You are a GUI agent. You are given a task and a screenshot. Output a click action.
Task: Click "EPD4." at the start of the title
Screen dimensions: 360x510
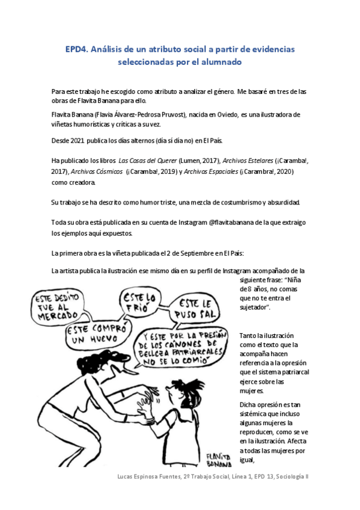tap(76, 49)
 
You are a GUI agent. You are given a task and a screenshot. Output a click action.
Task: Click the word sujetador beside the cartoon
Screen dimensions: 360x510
tap(252, 307)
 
